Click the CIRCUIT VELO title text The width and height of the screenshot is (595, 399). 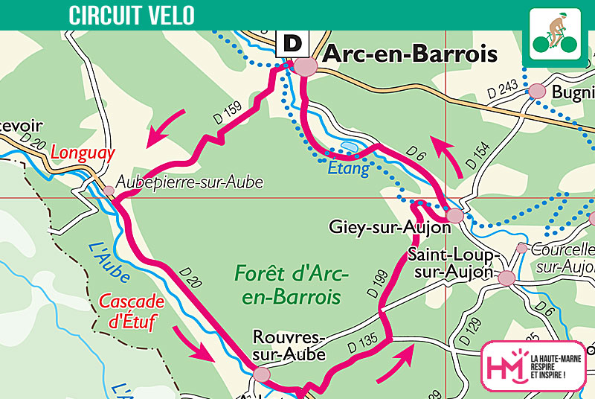(x=132, y=14)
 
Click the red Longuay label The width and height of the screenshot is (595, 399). (x=83, y=154)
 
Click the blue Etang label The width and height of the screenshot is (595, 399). (x=349, y=169)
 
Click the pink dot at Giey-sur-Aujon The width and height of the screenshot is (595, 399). (x=455, y=216)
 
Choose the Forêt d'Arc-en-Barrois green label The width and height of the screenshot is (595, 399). (x=292, y=285)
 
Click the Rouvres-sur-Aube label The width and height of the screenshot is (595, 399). (x=289, y=346)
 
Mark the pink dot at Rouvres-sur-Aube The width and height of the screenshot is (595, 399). (x=261, y=375)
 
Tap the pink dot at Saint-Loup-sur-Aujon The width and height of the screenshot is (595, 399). (x=507, y=278)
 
